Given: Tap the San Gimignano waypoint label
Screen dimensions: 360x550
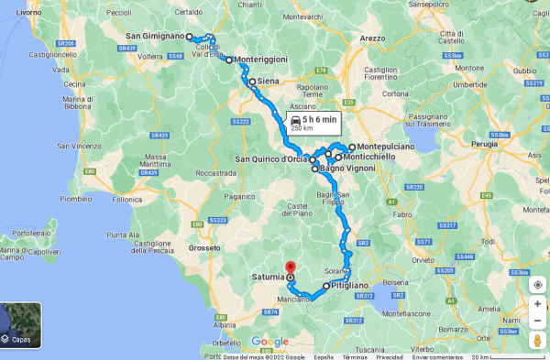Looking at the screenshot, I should pyautogui.click(x=156, y=37).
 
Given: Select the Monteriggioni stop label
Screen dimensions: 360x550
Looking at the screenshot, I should pyautogui.click(x=261, y=60).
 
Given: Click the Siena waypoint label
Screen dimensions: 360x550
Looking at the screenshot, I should pyautogui.click(x=268, y=82).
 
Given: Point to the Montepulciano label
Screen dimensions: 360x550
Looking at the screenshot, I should pyautogui.click(x=386, y=147).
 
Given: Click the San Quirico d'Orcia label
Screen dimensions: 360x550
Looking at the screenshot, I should pyautogui.click(x=271, y=159).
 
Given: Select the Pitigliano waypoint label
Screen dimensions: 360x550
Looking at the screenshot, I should pyautogui.click(x=351, y=286).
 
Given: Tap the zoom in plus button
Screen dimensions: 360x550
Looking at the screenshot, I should pyautogui.click(x=537, y=302).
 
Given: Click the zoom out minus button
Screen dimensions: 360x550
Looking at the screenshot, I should pyautogui.click(x=537, y=321).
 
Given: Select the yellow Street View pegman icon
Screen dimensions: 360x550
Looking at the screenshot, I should pyautogui.click(x=537, y=341).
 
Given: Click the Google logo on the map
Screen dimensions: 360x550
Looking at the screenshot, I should pyautogui.click(x=269, y=342).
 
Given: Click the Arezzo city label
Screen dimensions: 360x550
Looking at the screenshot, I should pyautogui.click(x=372, y=38).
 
